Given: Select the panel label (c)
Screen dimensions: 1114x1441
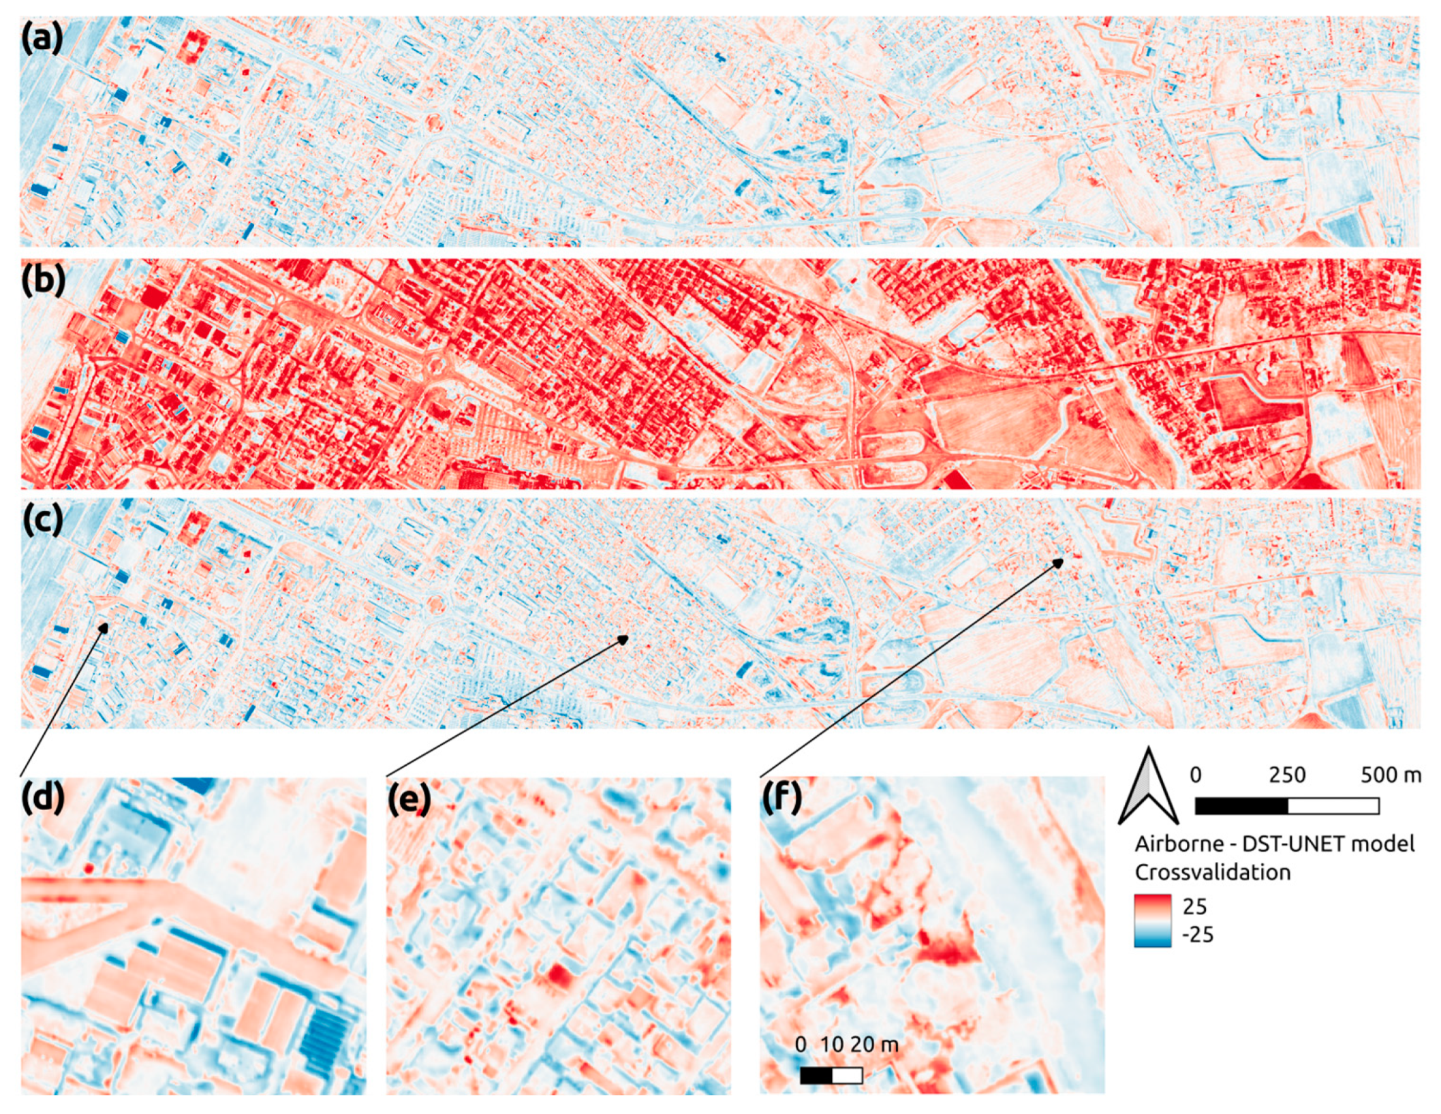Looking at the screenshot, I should pos(42,521).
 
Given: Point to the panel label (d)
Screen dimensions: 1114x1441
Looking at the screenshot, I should pos(42,799).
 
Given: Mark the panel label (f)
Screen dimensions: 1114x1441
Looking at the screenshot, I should pos(781,799).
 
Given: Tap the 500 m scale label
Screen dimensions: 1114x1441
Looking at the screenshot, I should pos(1391,775).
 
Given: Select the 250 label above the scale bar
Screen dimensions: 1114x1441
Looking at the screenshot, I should pos(1286,775).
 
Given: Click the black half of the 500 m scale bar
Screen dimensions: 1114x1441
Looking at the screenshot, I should pos(1241,806).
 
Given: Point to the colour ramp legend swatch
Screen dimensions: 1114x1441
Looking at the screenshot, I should pos(1153,920).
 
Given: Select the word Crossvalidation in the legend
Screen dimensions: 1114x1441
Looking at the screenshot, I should pos(1213,872).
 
